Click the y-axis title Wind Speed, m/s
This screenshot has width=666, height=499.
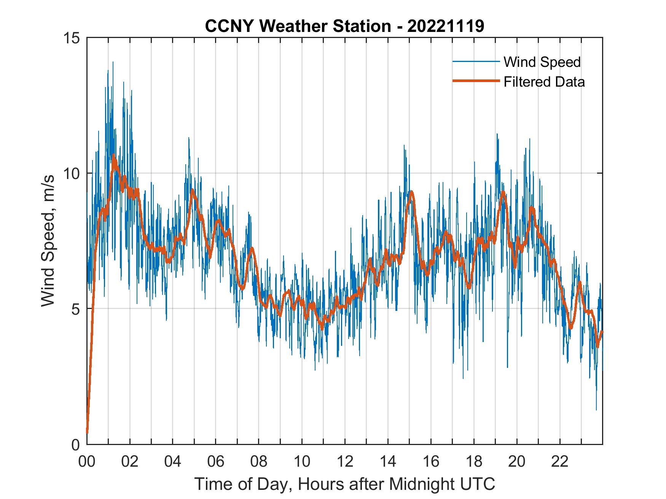click(x=48, y=241)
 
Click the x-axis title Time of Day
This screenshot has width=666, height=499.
click(x=345, y=484)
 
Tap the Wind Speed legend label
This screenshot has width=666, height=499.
click(x=542, y=62)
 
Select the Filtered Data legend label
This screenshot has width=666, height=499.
click(x=544, y=82)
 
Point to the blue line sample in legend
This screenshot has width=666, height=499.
click(x=475, y=62)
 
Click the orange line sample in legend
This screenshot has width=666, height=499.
click(x=475, y=81)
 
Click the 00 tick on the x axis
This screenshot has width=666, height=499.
click(x=87, y=461)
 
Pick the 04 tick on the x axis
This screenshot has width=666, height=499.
click(x=173, y=461)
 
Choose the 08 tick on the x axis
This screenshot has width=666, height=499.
click(x=259, y=461)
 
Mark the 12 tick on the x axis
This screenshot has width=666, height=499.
click(x=345, y=461)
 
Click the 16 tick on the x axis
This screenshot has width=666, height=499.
click(x=431, y=461)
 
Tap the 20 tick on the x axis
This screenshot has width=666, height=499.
click(x=517, y=461)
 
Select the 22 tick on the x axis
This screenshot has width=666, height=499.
click(x=560, y=461)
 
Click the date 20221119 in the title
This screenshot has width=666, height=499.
click(x=446, y=26)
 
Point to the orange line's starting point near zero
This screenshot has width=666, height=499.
click(x=87, y=432)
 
